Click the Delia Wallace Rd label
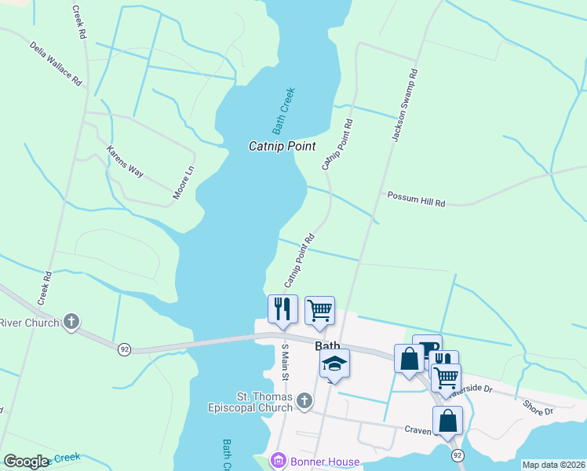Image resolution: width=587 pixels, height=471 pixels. pos(56,64)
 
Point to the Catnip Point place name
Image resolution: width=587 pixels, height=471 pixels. pos(282,146)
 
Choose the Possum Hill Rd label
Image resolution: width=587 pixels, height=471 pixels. pos(416,199)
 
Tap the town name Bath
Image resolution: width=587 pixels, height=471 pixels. pos(327,345)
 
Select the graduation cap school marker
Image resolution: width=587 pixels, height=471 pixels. pos(334,363)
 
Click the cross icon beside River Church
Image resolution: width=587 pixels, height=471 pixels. pos(71,321)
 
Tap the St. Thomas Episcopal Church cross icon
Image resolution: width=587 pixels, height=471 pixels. pos(304,401)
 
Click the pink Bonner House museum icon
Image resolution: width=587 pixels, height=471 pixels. pos(276,462)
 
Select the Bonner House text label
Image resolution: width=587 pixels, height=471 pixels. pos(323,462)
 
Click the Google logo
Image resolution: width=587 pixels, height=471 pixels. pos(26,462)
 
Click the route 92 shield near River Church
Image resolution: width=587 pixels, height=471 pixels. pos(124,349)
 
